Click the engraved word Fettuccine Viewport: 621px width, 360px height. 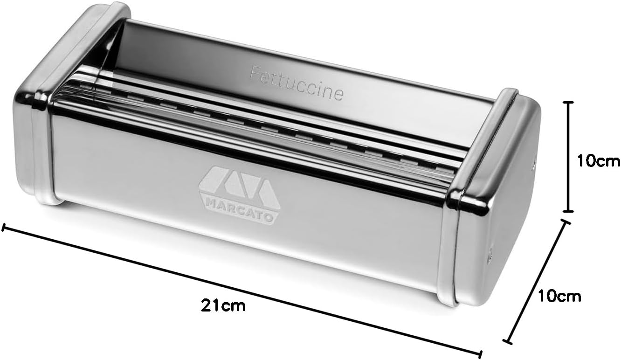[x=296, y=83]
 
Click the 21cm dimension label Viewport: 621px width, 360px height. [x=223, y=305]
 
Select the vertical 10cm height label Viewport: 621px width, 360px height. [x=598, y=161]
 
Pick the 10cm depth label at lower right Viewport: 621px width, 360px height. [x=559, y=296]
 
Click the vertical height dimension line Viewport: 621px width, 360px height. [x=569, y=157]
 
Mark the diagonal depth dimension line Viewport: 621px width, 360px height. [x=537, y=282]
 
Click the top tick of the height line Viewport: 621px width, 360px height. [x=569, y=102]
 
